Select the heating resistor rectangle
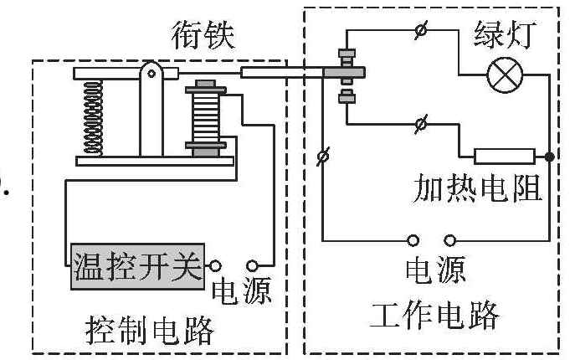pos(505,157)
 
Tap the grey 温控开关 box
pos(137,266)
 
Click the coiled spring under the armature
pos(93,116)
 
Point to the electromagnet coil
pos(205,118)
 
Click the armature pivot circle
pos(151,74)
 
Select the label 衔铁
pos(203,35)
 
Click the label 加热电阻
pos(478,188)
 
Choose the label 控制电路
pos(150,330)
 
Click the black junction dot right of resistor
pos(549,157)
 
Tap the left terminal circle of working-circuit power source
pos(413,241)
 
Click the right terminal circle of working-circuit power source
pos(450,241)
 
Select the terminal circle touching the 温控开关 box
pos(215,265)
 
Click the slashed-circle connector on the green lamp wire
pos(421,30)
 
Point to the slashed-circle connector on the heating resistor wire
pos(421,124)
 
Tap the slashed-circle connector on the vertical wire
pos(323,157)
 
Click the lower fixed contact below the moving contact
pos(347,96)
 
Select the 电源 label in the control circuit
pos(242,290)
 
